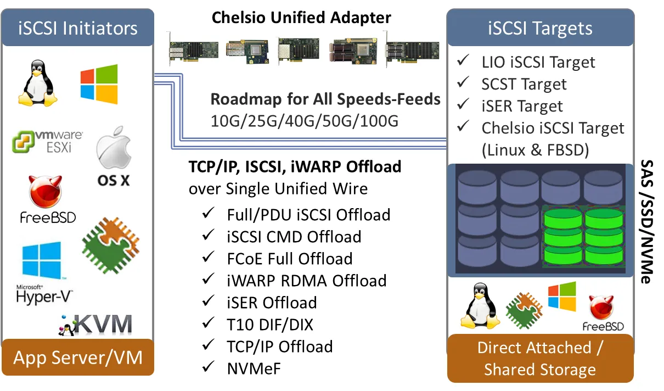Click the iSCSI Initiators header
[78, 28]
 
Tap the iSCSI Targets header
[540, 28]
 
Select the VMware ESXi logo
[48, 141]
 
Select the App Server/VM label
[78, 358]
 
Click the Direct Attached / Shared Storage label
[540, 359]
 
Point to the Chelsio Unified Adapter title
[302, 18]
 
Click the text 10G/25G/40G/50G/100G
[304, 120]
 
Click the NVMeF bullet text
[254, 368]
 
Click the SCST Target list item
[524, 84]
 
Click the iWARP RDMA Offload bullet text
[307, 280]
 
